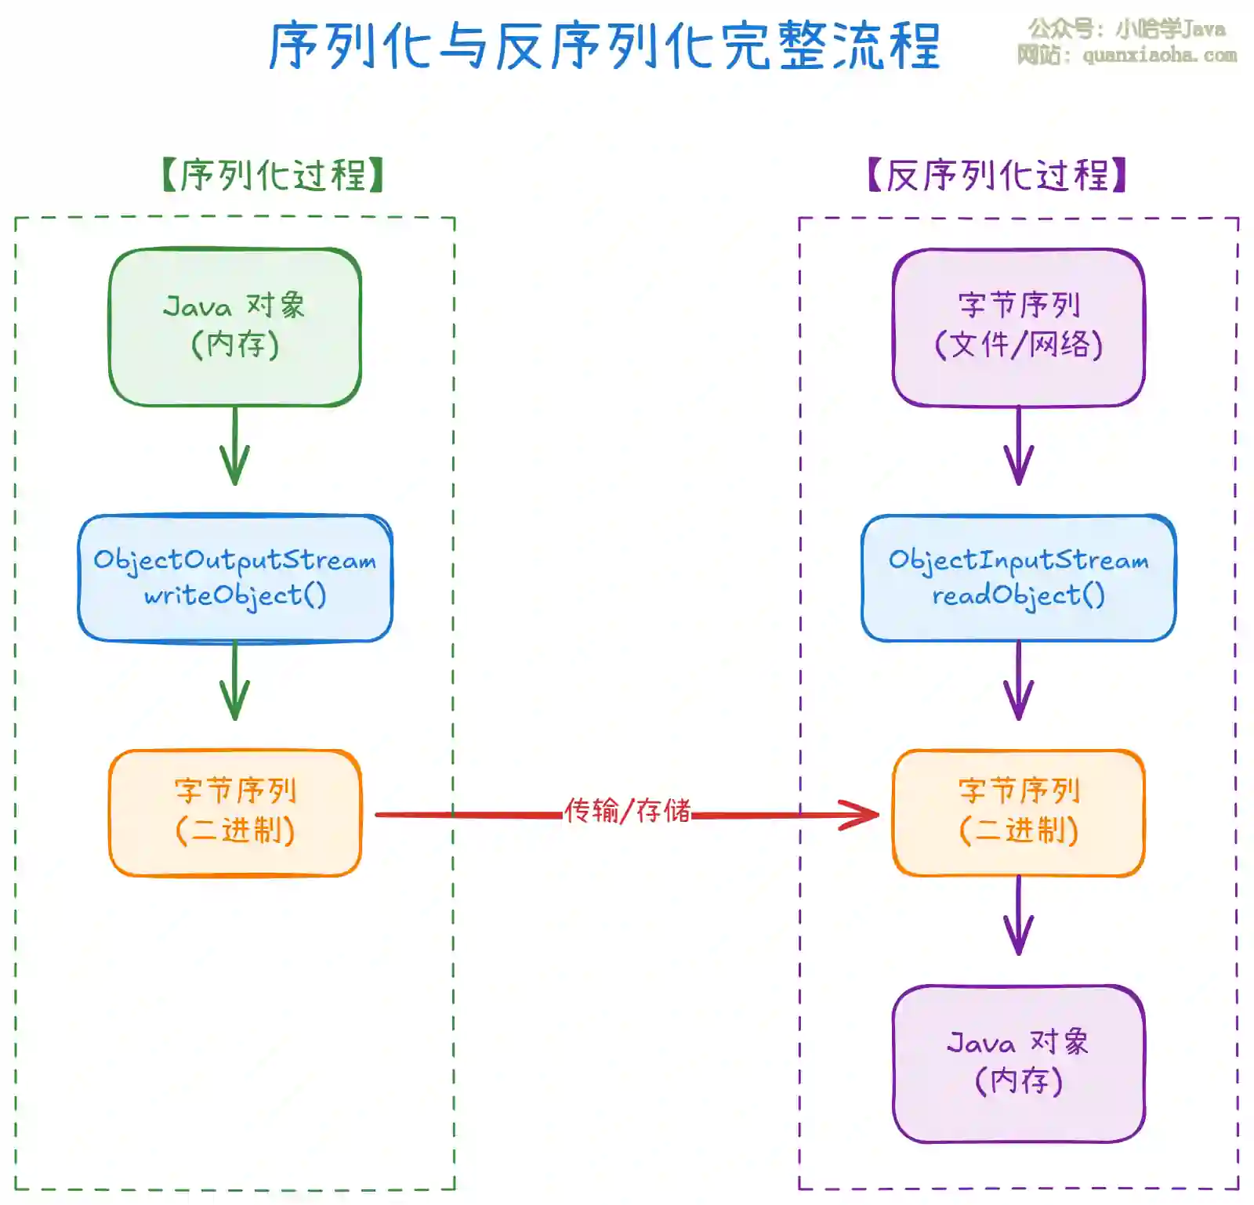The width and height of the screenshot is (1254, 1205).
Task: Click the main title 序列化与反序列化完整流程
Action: [603, 45]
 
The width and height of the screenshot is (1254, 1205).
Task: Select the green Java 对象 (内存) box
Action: [234, 327]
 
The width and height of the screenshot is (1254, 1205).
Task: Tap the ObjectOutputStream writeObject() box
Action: [234, 577]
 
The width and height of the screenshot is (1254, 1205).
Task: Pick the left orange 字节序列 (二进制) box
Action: [234, 812]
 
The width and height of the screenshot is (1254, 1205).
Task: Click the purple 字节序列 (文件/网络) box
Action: [1018, 327]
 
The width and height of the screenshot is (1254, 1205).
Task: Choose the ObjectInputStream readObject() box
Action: [1018, 577]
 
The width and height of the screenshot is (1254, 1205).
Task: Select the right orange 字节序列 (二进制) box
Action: [1018, 812]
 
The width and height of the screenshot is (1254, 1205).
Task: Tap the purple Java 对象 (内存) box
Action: [1018, 1063]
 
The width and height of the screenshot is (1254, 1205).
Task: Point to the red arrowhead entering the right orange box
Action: [862, 815]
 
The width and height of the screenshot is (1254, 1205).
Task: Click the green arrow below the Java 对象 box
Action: [234, 447]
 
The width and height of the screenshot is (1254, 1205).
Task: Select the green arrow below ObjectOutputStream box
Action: [234, 682]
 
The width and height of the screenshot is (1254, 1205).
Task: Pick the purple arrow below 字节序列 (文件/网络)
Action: [1018, 447]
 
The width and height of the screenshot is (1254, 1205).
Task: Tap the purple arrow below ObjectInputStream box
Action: [1018, 682]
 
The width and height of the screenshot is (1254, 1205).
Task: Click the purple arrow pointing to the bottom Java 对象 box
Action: [1018, 917]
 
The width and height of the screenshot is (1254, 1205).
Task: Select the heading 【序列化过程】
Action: [272, 175]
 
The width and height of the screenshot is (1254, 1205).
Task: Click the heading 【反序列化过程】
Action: [997, 175]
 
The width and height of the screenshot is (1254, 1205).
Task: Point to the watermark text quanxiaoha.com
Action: [1159, 56]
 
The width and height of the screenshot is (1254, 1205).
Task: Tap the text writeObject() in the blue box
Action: [234, 596]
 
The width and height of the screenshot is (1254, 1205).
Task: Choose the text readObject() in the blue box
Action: [1018, 596]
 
